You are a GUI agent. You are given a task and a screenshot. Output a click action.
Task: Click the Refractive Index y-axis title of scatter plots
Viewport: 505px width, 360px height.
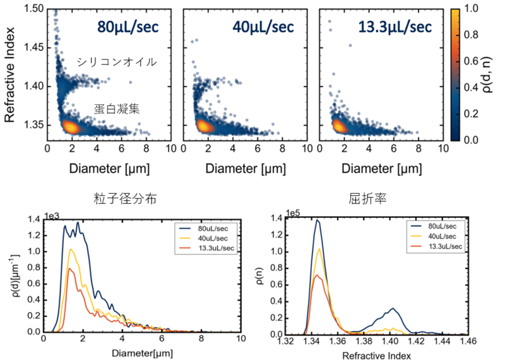[x=11, y=71]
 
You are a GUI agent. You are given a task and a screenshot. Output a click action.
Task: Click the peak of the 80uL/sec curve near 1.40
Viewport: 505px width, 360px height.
[x=393, y=308]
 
